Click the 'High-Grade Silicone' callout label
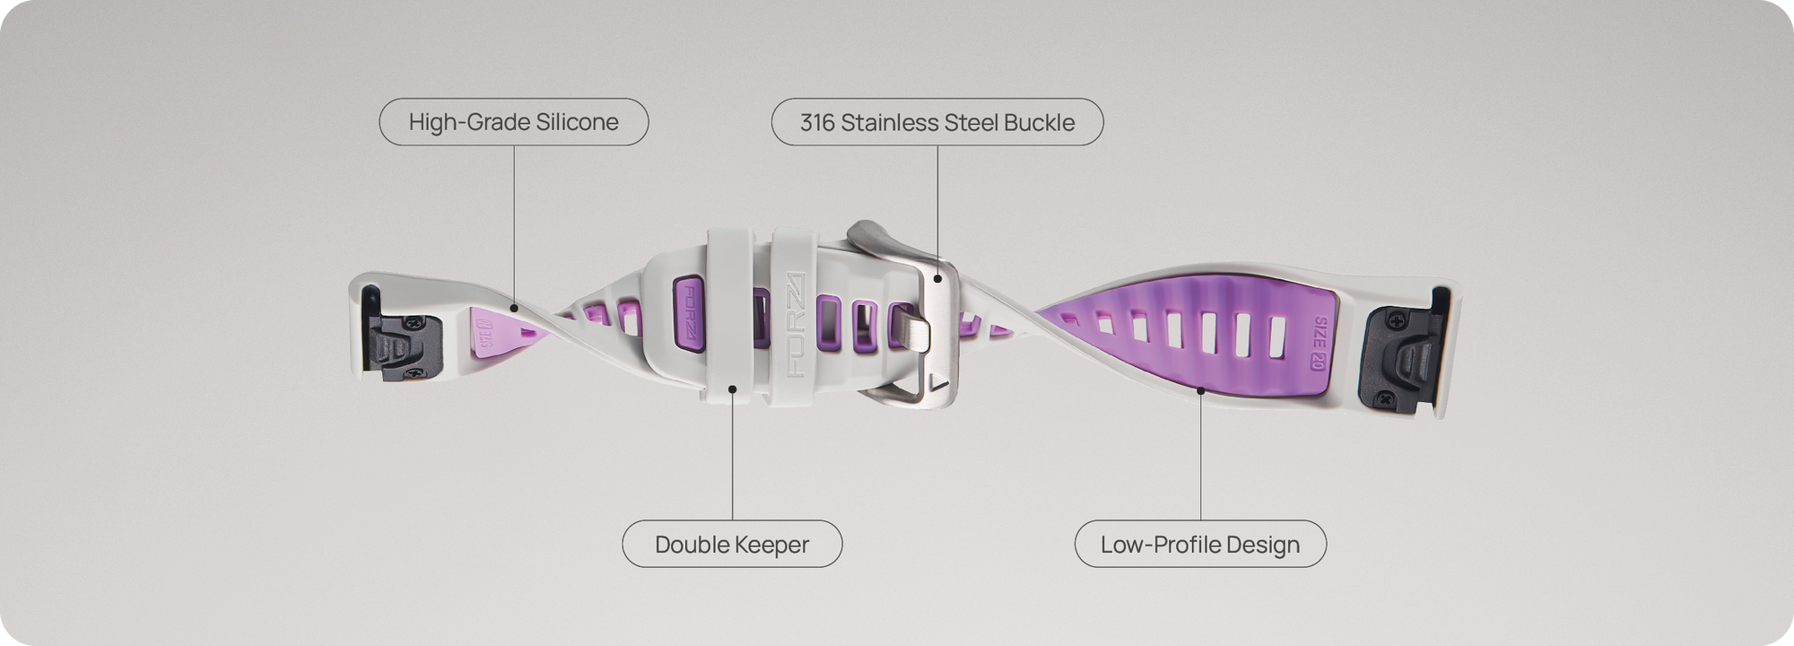click(x=514, y=122)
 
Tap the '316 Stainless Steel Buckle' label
click(x=937, y=122)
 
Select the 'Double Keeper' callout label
click(x=732, y=544)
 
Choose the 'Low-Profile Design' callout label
click(x=1200, y=544)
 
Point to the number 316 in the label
click(x=817, y=122)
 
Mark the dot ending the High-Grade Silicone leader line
click(x=514, y=308)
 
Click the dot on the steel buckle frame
click(x=938, y=279)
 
